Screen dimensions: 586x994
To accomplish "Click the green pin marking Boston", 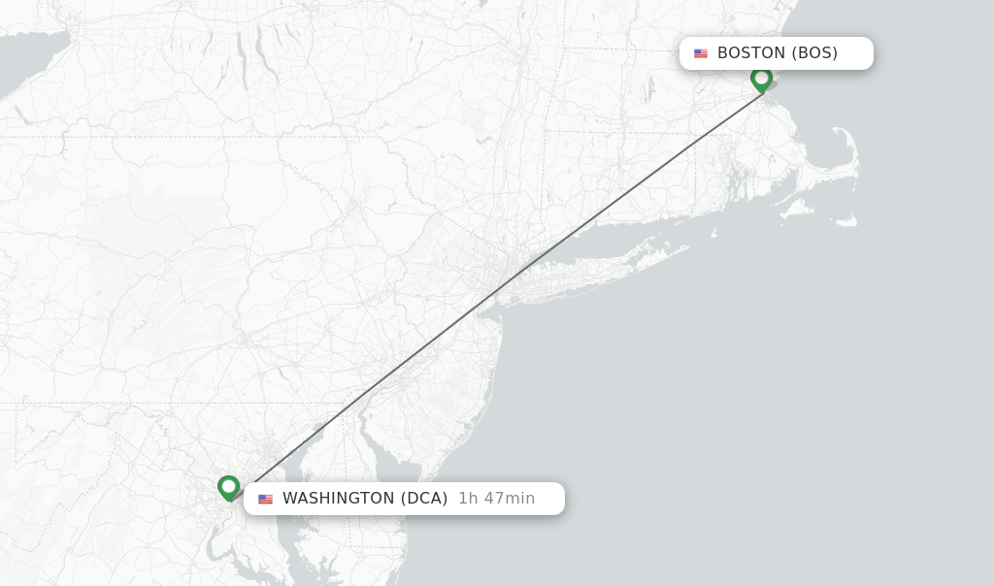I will [761, 78].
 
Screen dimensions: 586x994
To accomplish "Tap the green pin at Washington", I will [229, 486].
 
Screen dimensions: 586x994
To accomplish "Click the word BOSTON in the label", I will [750, 53].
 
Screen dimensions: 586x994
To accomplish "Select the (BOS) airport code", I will [814, 53].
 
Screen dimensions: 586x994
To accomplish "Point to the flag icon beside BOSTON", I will [701, 53].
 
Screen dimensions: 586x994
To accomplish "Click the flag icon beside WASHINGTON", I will [265, 499].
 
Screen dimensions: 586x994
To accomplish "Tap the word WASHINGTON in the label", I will [338, 499].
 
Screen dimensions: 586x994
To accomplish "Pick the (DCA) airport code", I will [424, 499].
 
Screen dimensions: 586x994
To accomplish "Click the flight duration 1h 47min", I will [496, 499].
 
